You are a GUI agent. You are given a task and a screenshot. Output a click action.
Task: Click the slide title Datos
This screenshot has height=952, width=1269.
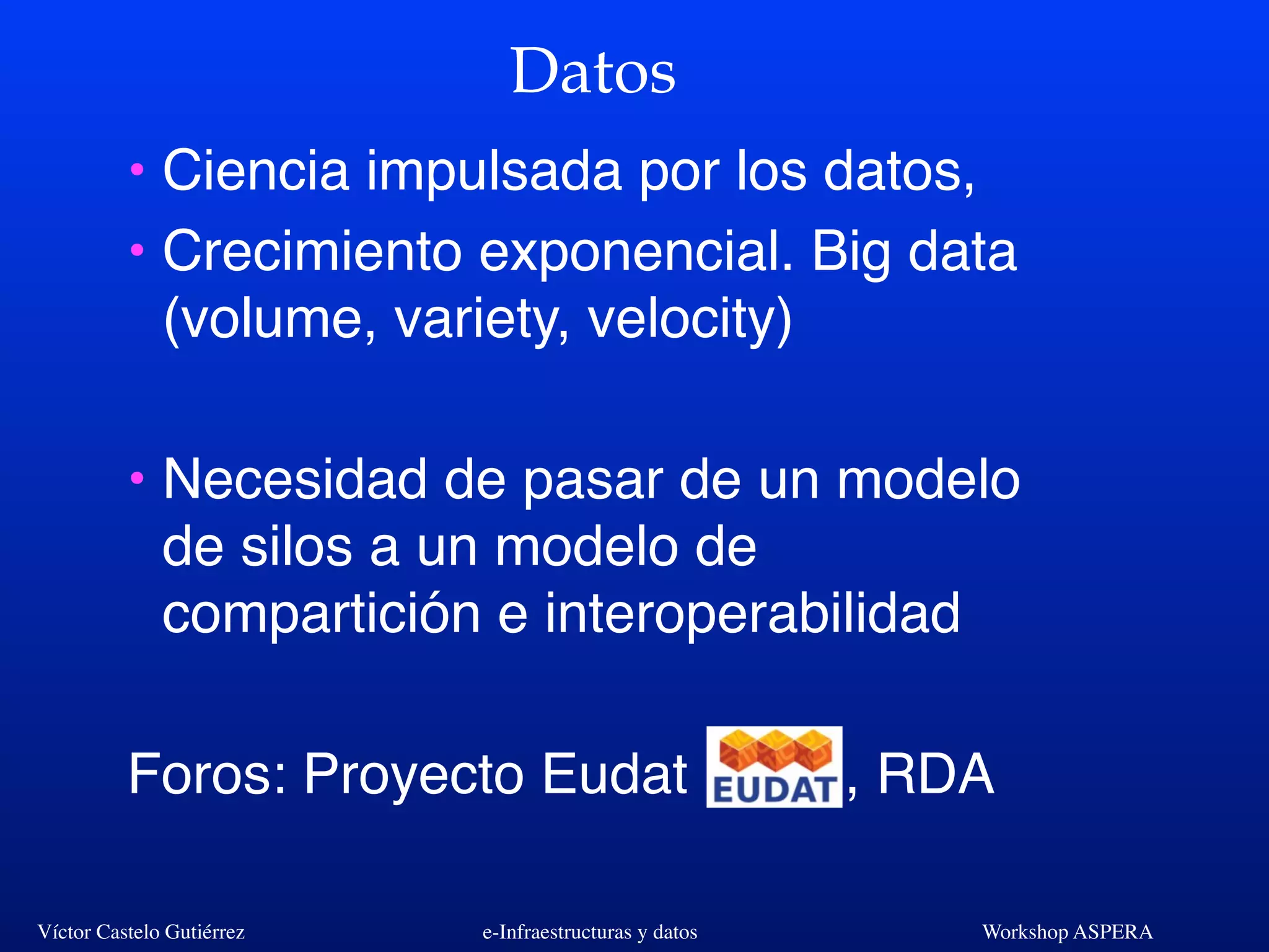click(593, 72)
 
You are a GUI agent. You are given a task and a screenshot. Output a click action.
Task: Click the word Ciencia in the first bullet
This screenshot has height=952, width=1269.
click(255, 170)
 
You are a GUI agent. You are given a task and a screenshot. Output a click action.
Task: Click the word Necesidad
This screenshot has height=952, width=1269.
click(295, 480)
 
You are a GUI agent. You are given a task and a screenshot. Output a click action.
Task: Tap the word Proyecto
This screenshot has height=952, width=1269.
click(414, 775)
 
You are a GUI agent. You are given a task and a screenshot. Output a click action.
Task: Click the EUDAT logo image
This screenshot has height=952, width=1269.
click(774, 767)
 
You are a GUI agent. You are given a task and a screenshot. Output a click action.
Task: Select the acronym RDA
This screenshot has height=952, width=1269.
click(936, 774)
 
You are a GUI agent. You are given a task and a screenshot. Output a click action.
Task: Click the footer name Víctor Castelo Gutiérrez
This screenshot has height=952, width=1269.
click(141, 932)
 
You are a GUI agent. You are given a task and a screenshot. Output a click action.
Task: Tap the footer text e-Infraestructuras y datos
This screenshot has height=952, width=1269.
click(590, 932)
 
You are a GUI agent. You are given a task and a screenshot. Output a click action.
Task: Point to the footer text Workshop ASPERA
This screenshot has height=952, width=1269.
click(1067, 932)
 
